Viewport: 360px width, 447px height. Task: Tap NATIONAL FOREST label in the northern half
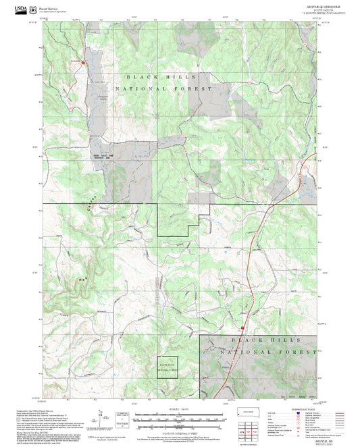point(163,89)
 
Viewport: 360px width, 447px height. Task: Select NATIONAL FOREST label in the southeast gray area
point(274,352)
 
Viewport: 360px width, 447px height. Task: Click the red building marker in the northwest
point(84,63)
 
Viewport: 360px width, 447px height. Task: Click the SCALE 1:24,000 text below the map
point(179,409)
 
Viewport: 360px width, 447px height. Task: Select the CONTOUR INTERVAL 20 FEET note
point(180,432)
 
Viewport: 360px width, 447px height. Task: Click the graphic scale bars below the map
point(180,420)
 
